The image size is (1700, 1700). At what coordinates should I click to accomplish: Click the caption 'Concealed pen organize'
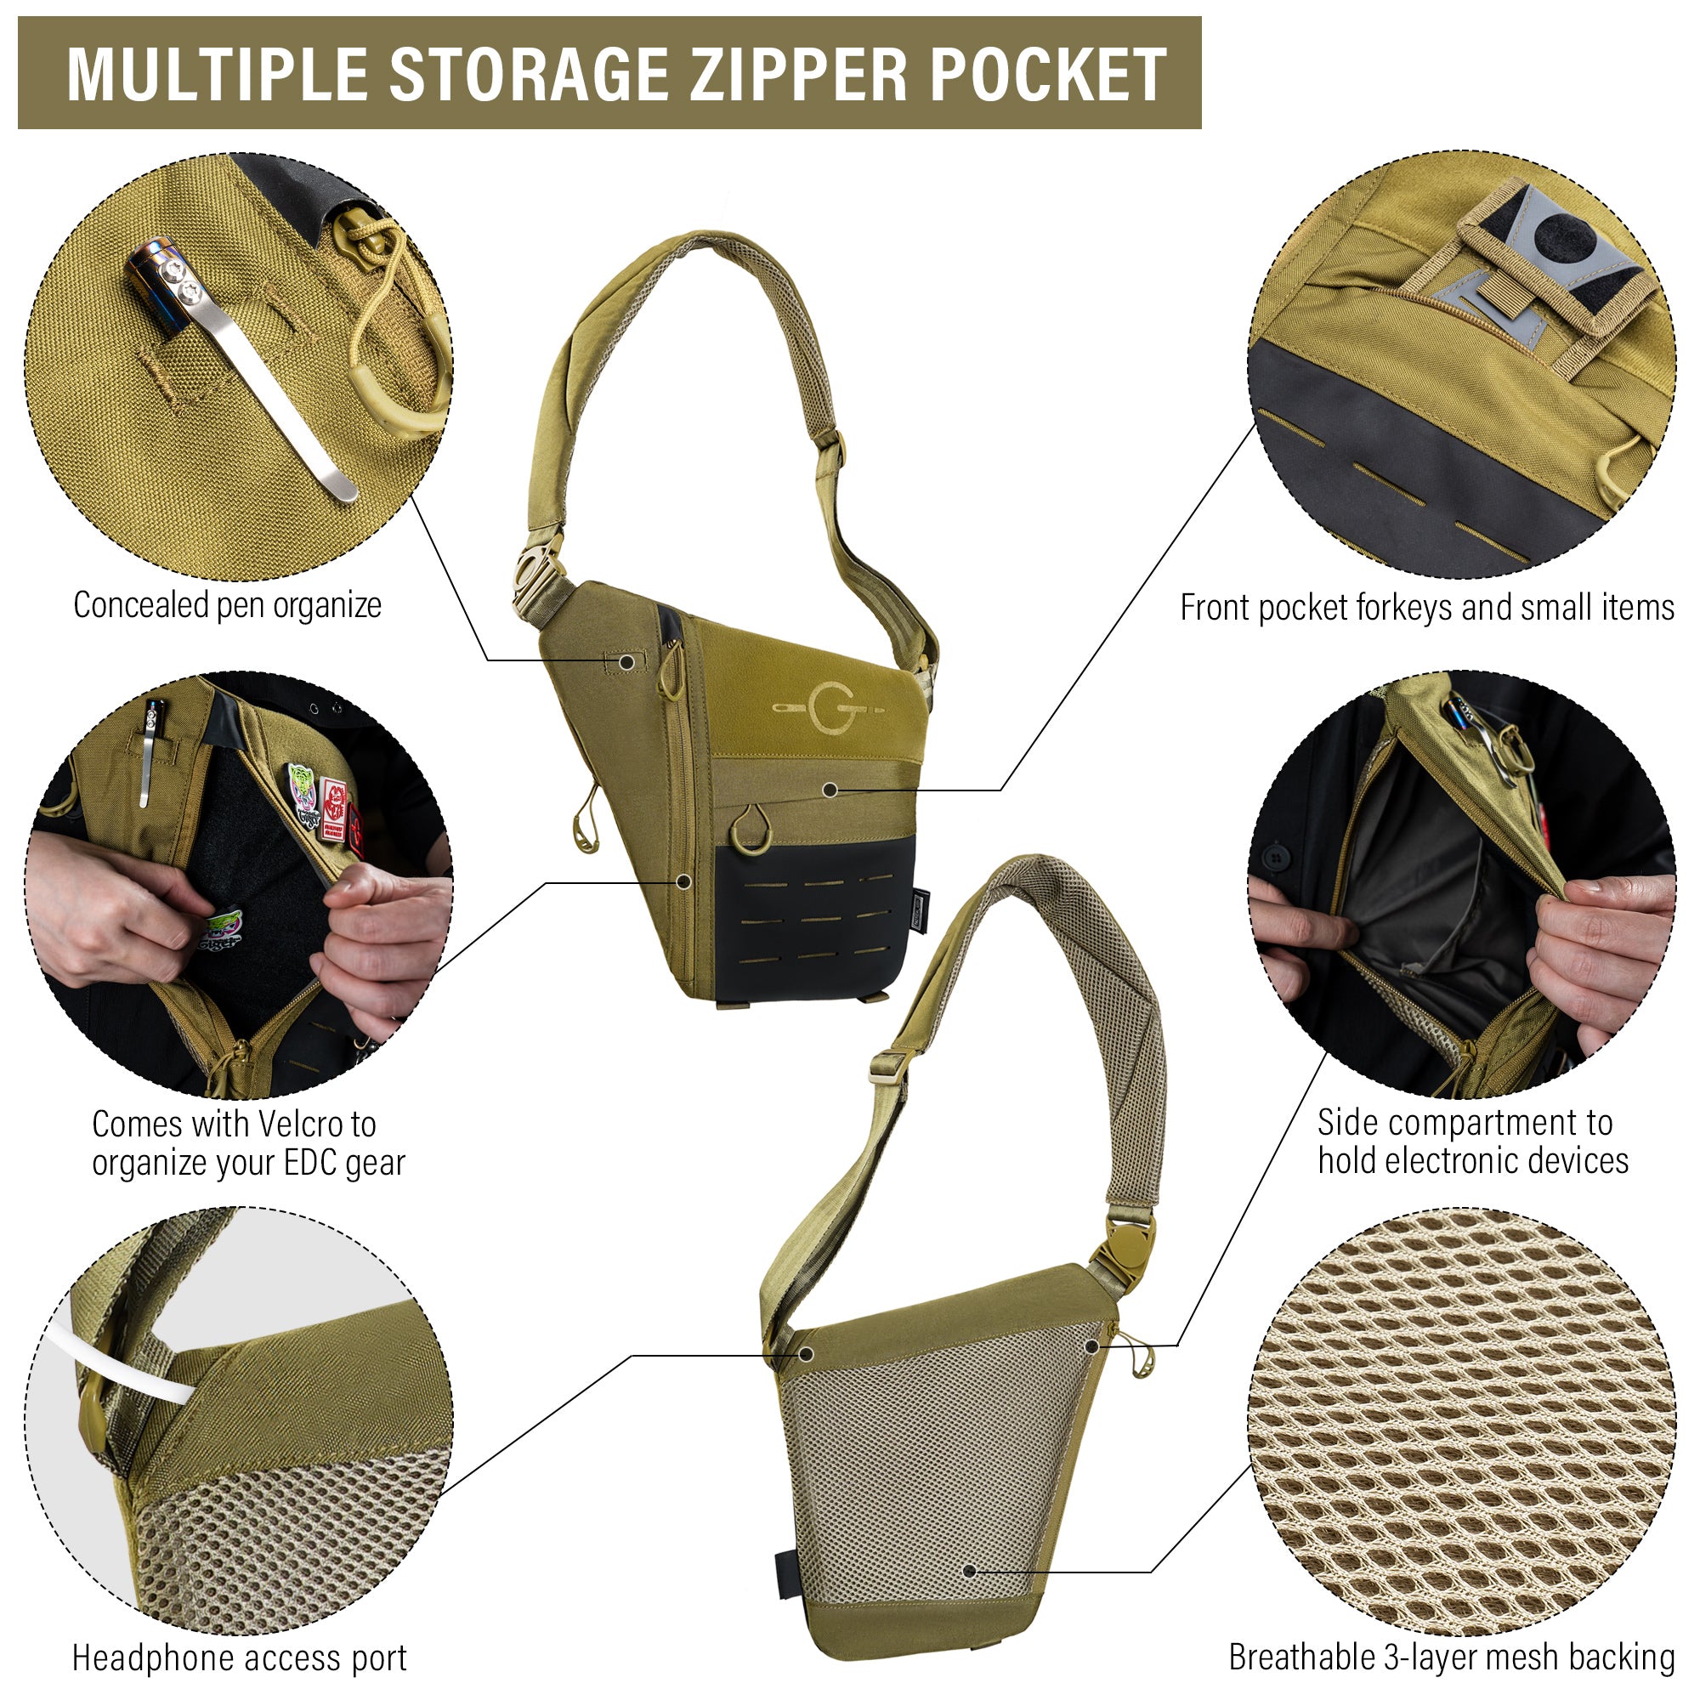pos(228,606)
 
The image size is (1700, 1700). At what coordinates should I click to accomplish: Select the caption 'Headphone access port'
pos(240,1657)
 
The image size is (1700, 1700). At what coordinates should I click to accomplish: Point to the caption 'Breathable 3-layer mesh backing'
pos(1452,1657)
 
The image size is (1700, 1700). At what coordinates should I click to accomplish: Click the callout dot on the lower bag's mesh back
pos(969,1570)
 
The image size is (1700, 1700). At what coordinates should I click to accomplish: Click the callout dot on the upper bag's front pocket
pos(829,790)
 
